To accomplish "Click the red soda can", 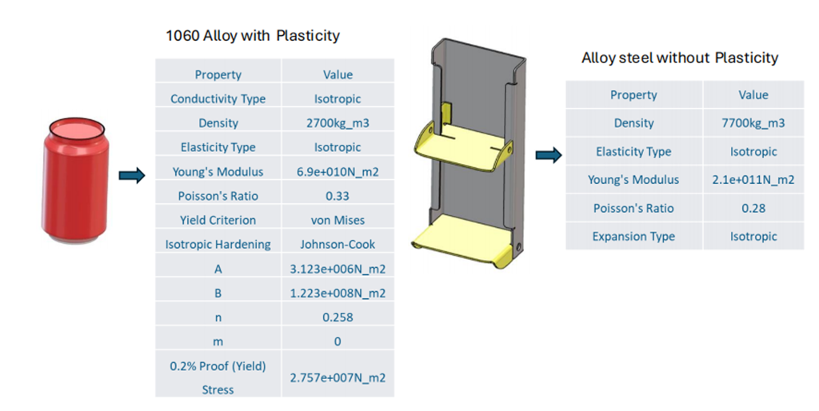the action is pyautogui.click(x=77, y=180).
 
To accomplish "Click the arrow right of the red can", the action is pyautogui.click(x=132, y=175).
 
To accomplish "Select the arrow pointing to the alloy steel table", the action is pyautogui.click(x=549, y=154).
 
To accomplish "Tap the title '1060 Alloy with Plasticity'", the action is pyautogui.click(x=253, y=36).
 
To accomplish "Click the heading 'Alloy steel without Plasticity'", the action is pyautogui.click(x=680, y=58).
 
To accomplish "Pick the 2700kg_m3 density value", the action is pyautogui.click(x=338, y=123).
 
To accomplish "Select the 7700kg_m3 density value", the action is pyautogui.click(x=753, y=123).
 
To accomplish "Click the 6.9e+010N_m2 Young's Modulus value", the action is pyautogui.click(x=338, y=172).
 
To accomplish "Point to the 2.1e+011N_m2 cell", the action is pyautogui.click(x=753, y=180).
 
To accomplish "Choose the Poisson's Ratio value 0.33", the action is pyautogui.click(x=338, y=196).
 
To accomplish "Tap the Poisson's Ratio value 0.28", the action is pyautogui.click(x=753, y=208).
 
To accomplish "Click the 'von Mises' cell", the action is pyautogui.click(x=338, y=221).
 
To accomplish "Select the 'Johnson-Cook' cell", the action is pyautogui.click(x=338, y=245).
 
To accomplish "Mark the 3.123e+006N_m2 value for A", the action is pyautogui.click(x=338, y=269).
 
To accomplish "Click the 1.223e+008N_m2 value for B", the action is pyautogui.click(x=338, y=293).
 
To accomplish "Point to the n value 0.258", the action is pyautogui.click(x=338, y=317).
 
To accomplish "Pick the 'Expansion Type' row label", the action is pyautogui.click(x=633, y=237).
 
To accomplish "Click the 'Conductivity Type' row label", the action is pyautogui.click(x=218, y=98).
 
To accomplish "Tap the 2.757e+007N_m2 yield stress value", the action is pyautogui.click(x=338, y=377).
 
